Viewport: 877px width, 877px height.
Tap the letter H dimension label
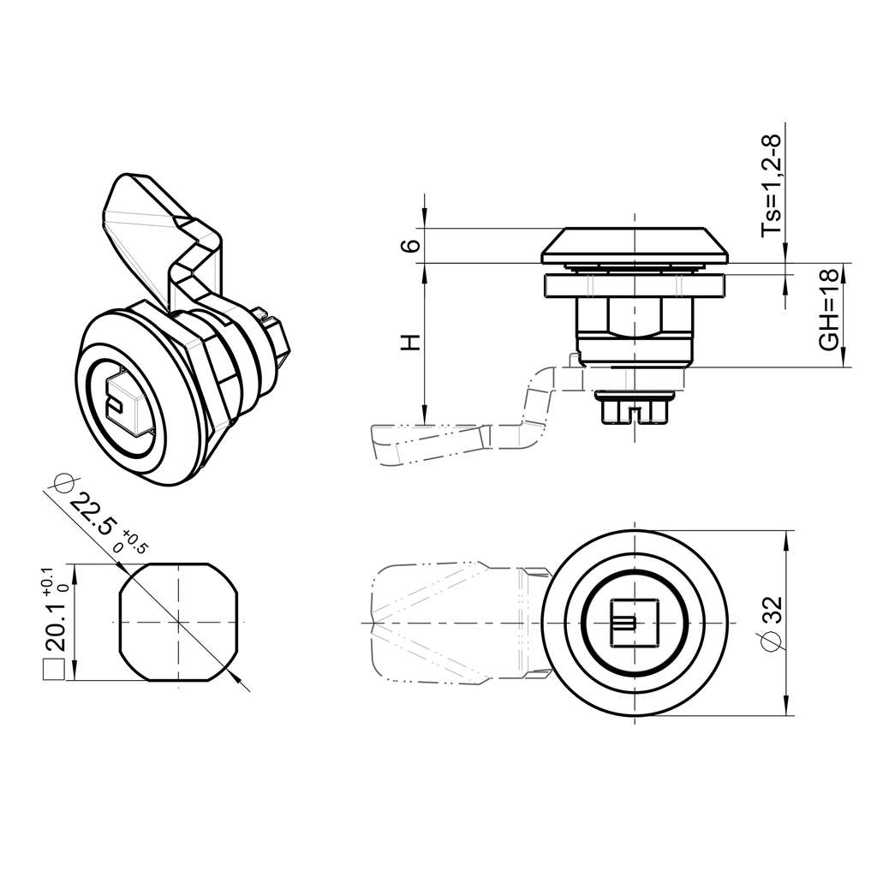point(412,343)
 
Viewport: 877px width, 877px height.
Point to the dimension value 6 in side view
point(412,245)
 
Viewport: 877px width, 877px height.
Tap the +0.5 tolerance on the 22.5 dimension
point(134,543)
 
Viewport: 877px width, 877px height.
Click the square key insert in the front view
point(635,622)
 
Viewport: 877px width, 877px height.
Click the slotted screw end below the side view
point(635,409)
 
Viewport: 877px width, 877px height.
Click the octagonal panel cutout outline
point(177,623)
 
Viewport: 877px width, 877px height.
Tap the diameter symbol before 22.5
point(59,484)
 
